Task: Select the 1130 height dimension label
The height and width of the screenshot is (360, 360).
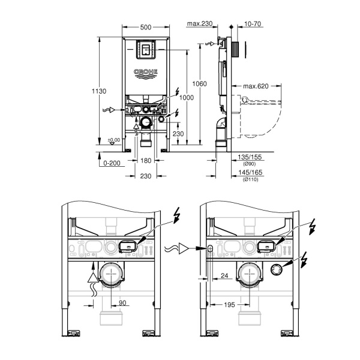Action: [x=100, y=91]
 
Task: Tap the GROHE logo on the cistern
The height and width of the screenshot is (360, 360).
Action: [x=146, y=74]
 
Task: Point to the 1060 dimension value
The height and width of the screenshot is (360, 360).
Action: [x=200, y=83]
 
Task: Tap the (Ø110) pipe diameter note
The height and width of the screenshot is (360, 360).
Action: [x=248, y=180]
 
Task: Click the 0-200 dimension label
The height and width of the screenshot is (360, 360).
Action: [x=112, y=163]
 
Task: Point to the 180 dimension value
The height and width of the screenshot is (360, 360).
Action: [x=146, y=160]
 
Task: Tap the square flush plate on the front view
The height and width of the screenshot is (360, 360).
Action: [x=146, y=50]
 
